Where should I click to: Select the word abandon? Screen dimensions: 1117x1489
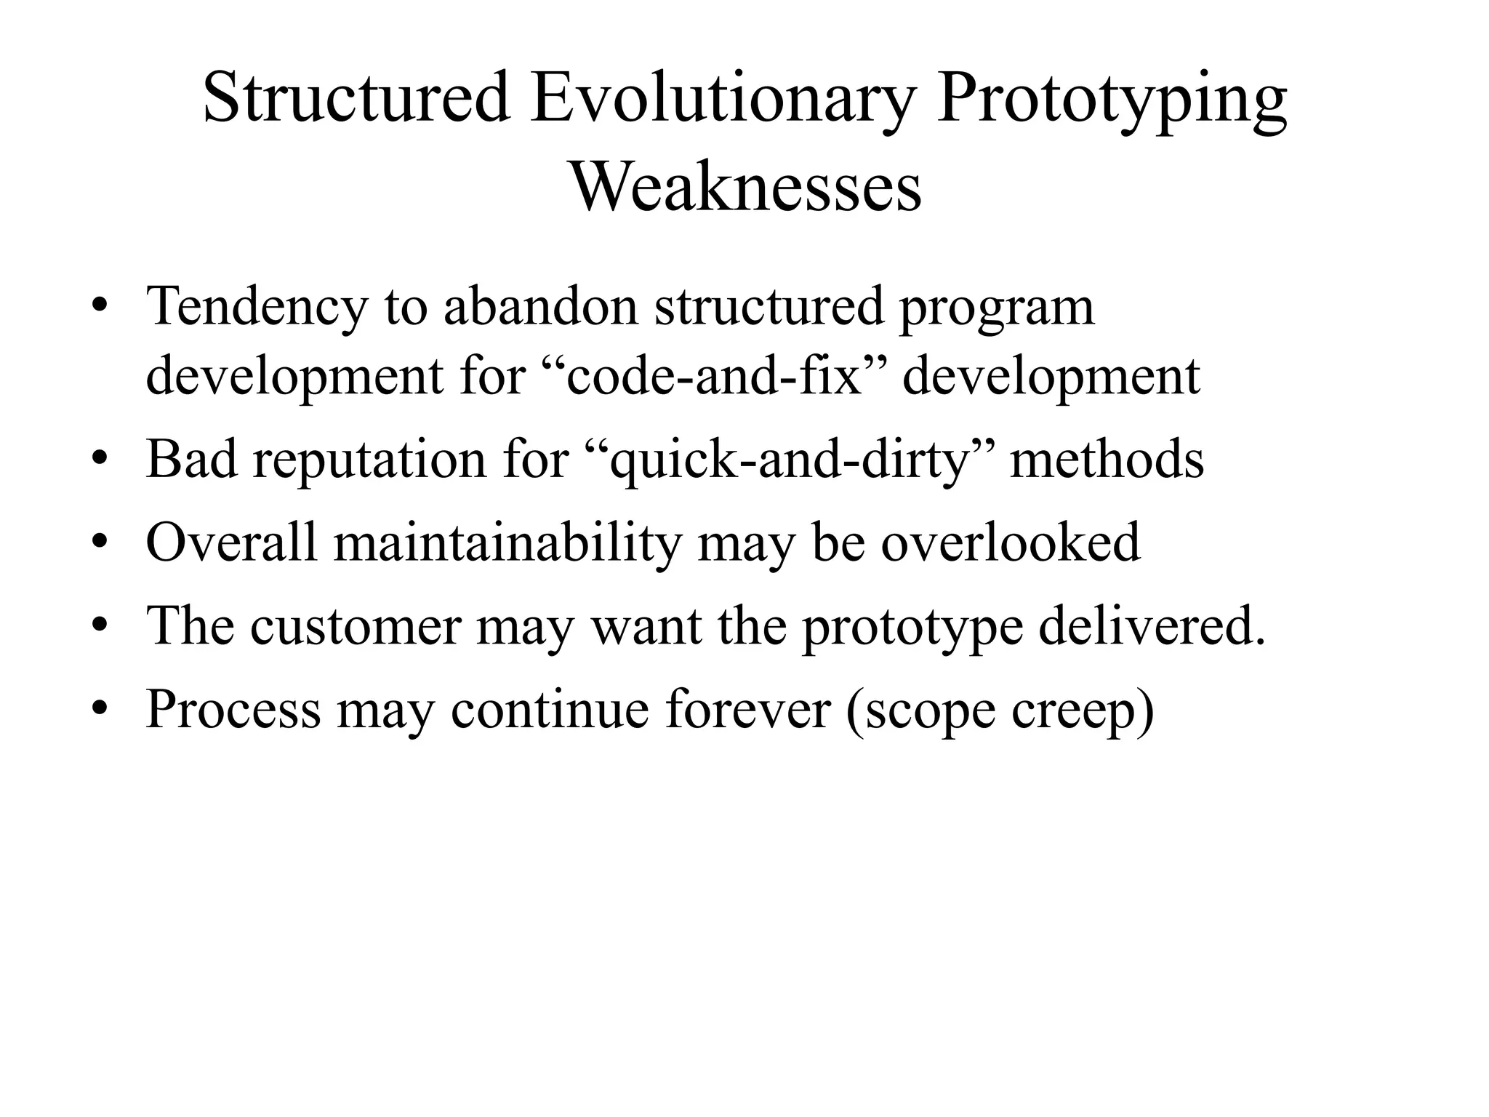pos(541,306)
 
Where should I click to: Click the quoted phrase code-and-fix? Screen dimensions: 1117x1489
pos(713,377)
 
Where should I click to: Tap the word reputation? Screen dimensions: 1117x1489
pos(369,461)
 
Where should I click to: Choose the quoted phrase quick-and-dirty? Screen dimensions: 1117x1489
pos(790,461)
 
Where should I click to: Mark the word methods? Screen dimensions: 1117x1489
pos(1107,460)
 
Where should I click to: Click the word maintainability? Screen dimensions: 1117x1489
pos(508,543)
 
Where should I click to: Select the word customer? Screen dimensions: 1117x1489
pos(356,626)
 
